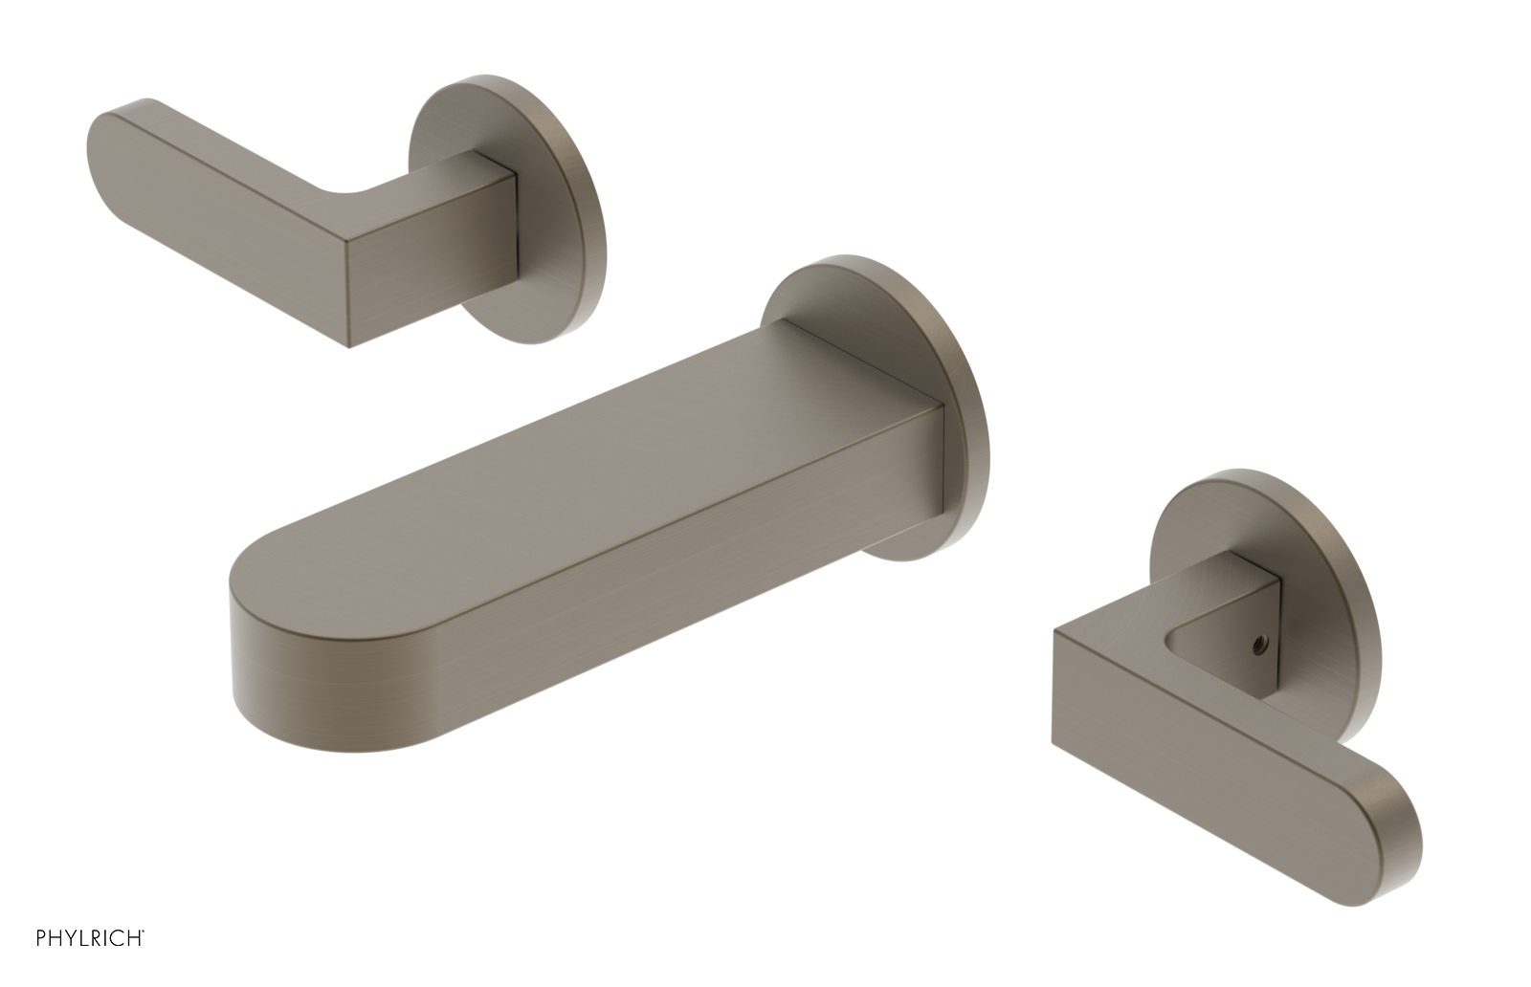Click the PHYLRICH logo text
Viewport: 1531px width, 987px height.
point(90,964)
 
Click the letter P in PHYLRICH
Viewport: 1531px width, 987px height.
point(41,964)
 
